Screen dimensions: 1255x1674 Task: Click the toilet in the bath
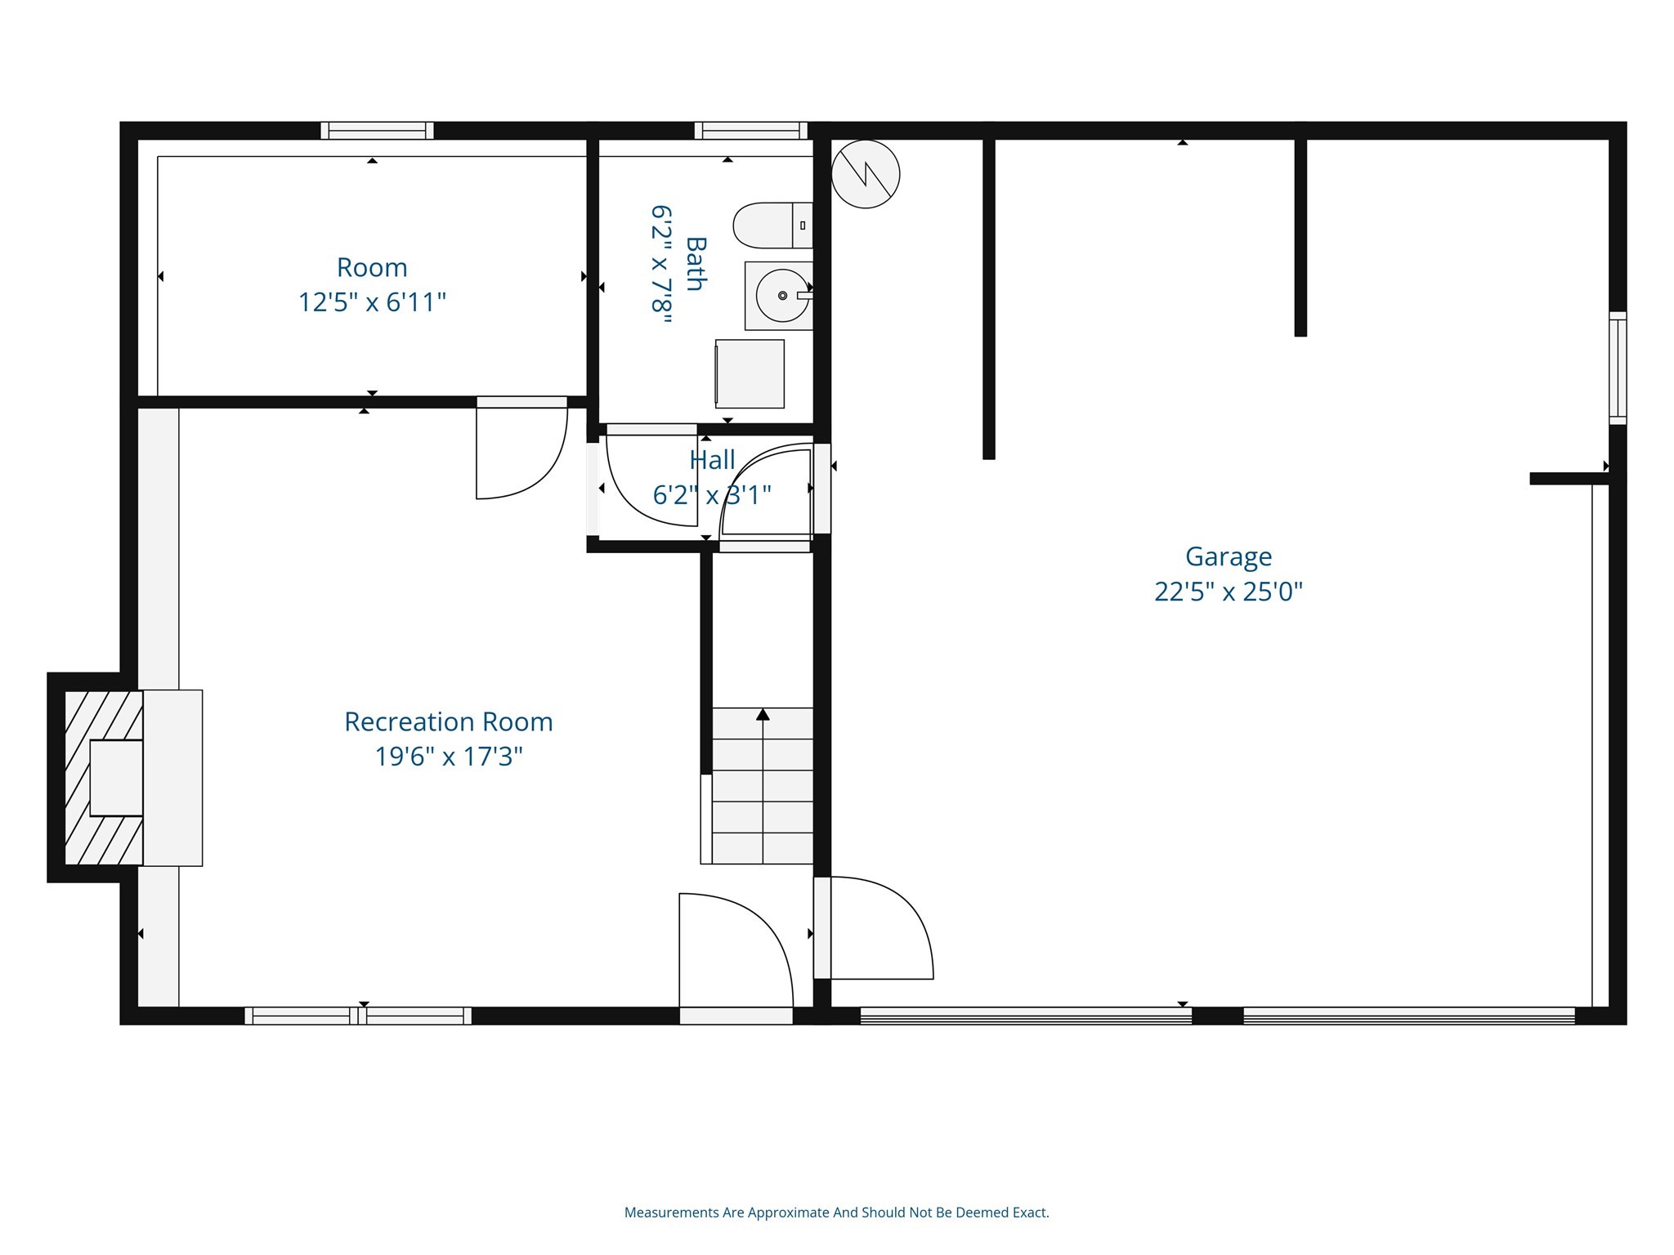[x=770, y=226]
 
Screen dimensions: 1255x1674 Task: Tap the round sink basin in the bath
[x=781, y=296]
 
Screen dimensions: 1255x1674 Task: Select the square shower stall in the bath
[x=750, y=373]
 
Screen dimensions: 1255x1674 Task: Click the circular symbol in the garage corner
[x=866, y=173]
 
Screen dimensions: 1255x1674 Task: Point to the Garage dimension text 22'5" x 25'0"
[x=1228, y=592]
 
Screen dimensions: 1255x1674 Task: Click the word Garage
[x=1228, y=556]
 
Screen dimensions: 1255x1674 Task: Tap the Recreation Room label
[x=448, y=721]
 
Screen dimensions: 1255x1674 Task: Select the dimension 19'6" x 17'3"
[x=448, y=757]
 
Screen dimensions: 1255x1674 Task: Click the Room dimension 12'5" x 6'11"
[x=372, y=302]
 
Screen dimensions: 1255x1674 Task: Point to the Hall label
[x=712, y=460]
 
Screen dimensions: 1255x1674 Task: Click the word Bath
[x=695, y=263]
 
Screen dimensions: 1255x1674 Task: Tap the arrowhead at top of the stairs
[x=763, y=715]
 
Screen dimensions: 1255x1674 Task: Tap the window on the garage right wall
[x=1618, y=368]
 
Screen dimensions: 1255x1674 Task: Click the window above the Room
[x=377, y=131]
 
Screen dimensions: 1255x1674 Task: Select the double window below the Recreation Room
[x=358, y=1016]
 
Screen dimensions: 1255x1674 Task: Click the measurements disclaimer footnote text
[x=836, y=1213]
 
